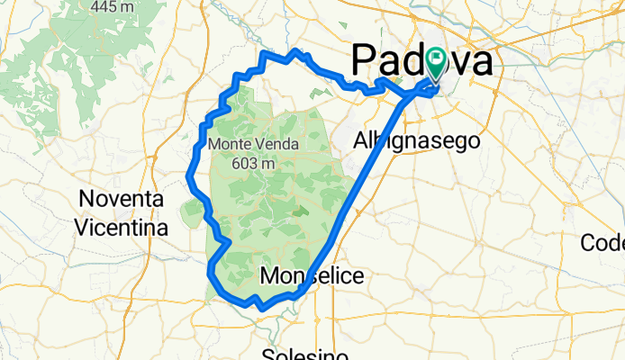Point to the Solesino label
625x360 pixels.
pyautogui.click(x=305, y=354)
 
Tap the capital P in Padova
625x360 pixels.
pyautogui.click(x=362, y=62)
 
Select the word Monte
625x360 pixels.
pyautogui.click(x=229, y=144)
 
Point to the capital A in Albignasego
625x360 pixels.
pyautogui.click(x=359, y=141)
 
